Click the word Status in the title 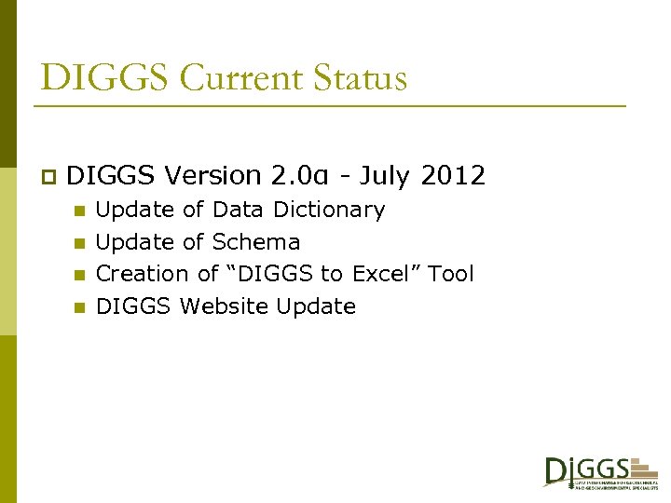[363, 77]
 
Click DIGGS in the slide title [104, 77]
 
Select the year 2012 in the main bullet [453, 175]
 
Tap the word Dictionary [328, 210]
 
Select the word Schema [256, 242]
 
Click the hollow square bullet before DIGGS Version [48, 176]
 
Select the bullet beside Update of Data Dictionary [80, 211]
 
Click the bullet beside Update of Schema [80, 243]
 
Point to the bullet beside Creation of [80, 275]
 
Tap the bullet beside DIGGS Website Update [80, 306]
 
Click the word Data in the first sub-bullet [238, 210]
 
